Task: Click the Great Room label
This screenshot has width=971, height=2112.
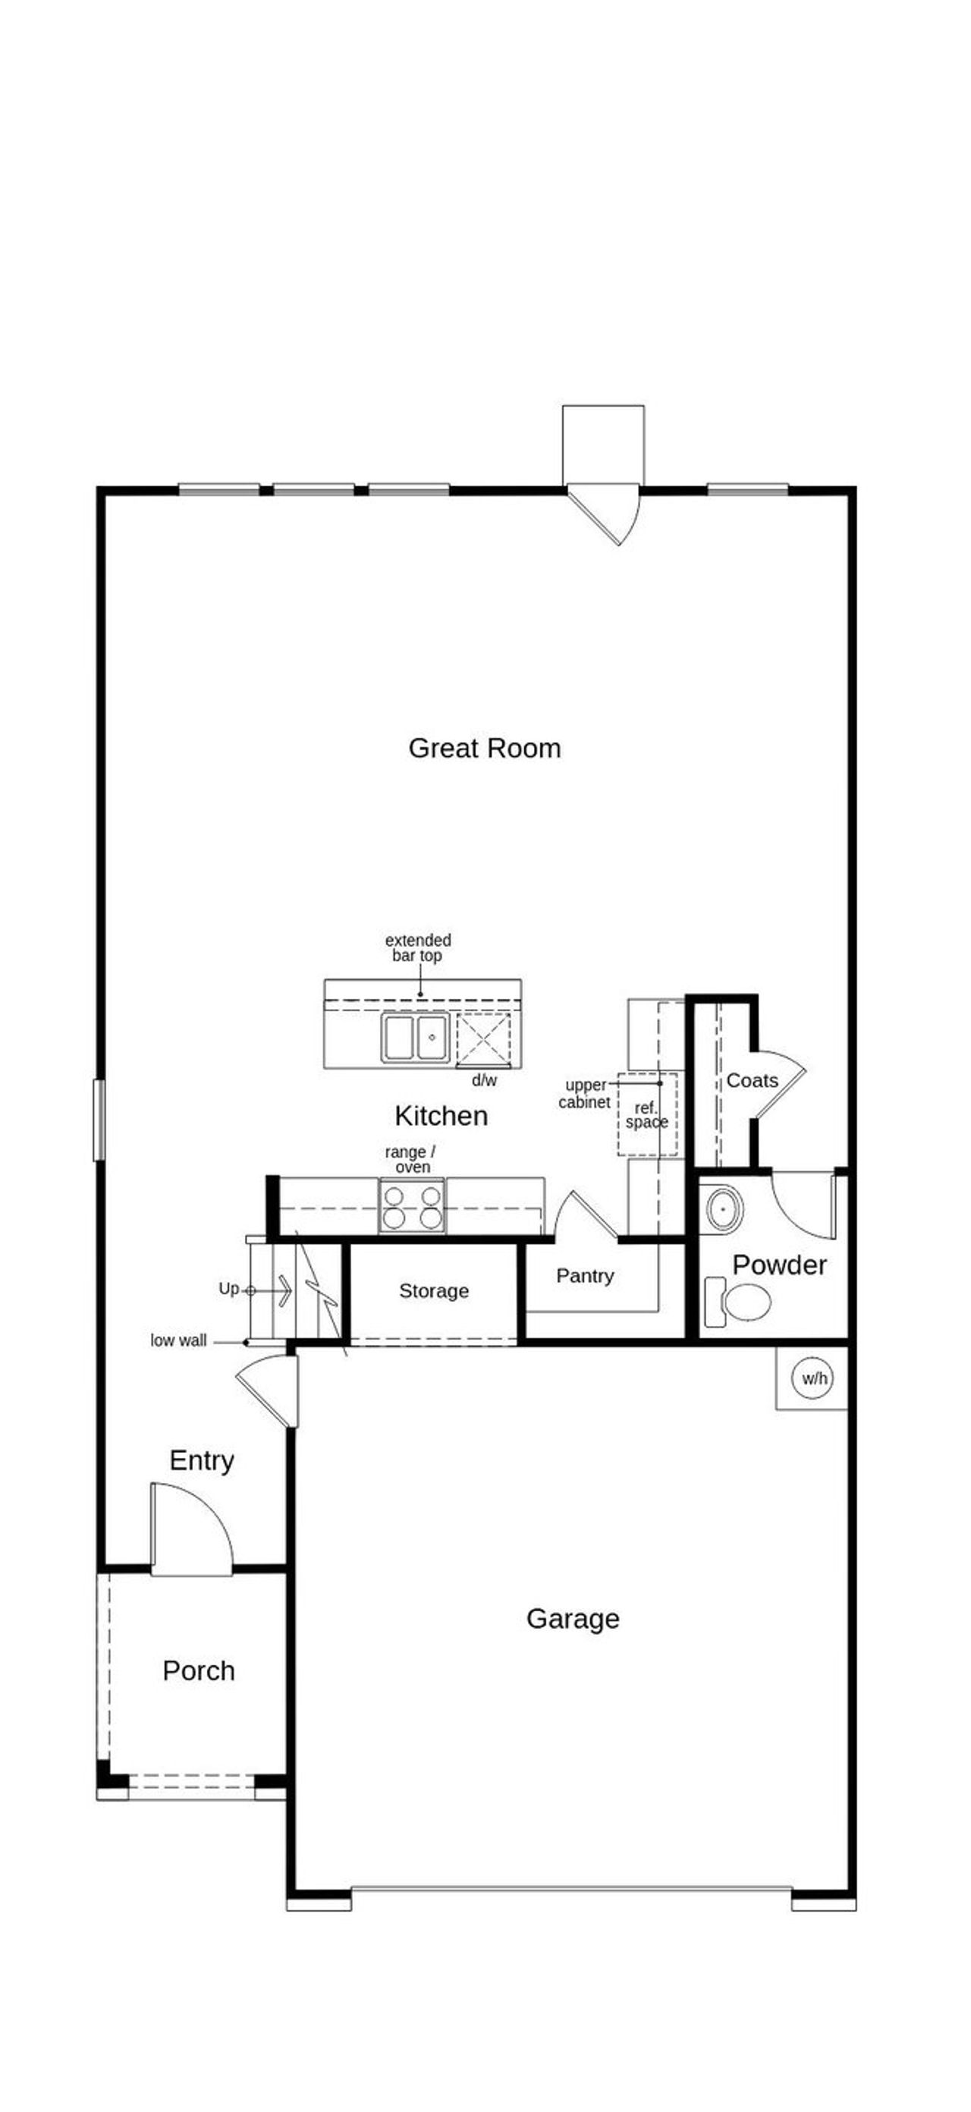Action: coord(484,749)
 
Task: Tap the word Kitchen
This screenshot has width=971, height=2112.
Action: coord(442,1116)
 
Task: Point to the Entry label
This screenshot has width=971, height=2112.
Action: coord(202,1460)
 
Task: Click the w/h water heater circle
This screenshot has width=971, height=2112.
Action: coord(813,1378)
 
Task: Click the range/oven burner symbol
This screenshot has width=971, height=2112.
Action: coord(412,1206)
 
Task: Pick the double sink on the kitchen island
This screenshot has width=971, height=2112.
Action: coord(415,1038)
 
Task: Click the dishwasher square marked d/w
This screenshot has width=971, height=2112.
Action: coord(483,1039)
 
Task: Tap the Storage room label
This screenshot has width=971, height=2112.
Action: coord(434,1291)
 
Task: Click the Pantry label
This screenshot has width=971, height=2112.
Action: coord(585,1276)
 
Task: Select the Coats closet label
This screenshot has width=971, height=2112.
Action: coord(751,1080)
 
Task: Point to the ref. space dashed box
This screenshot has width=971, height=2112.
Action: coord(647,1115)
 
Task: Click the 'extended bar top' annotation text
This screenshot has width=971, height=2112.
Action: coord(418,948)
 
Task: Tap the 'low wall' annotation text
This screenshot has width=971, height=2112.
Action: coord(178,1340)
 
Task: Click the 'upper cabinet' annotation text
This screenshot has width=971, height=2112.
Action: coord(584,1094)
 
